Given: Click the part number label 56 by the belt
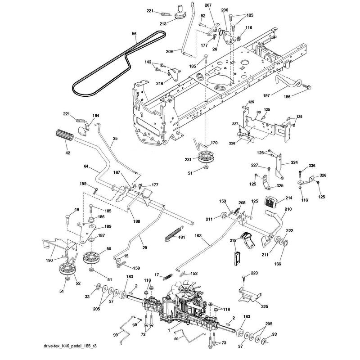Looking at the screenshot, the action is point(134,34).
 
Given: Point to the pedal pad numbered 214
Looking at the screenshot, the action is point(271,201).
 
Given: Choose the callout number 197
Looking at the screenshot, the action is point(266,95).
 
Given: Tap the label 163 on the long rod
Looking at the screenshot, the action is point(198,235).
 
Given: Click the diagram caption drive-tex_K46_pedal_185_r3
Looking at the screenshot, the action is point(70,346).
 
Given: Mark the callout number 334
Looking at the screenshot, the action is point(294,162).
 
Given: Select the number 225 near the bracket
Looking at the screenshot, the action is point(265,306).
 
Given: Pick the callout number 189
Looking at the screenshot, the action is point(108,226).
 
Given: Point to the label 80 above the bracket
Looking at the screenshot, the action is point(258,112).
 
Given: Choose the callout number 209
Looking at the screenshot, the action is point(170,52).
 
